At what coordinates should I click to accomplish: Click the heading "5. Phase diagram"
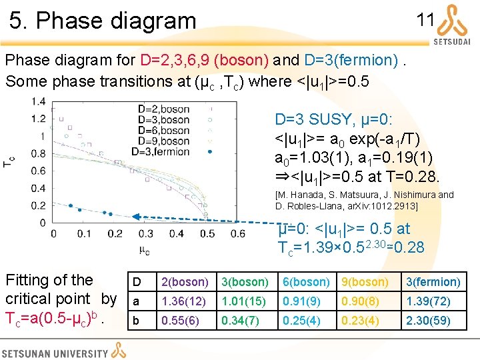103,21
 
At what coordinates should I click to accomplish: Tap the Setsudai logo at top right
452,24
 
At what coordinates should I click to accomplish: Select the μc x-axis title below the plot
144,251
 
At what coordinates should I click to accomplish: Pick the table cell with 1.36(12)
184,302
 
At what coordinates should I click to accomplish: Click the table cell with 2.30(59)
433,321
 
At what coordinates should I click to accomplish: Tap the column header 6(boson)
305,282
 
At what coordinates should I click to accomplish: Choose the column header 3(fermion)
433,282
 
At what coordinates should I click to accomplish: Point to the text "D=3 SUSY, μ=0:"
335,120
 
